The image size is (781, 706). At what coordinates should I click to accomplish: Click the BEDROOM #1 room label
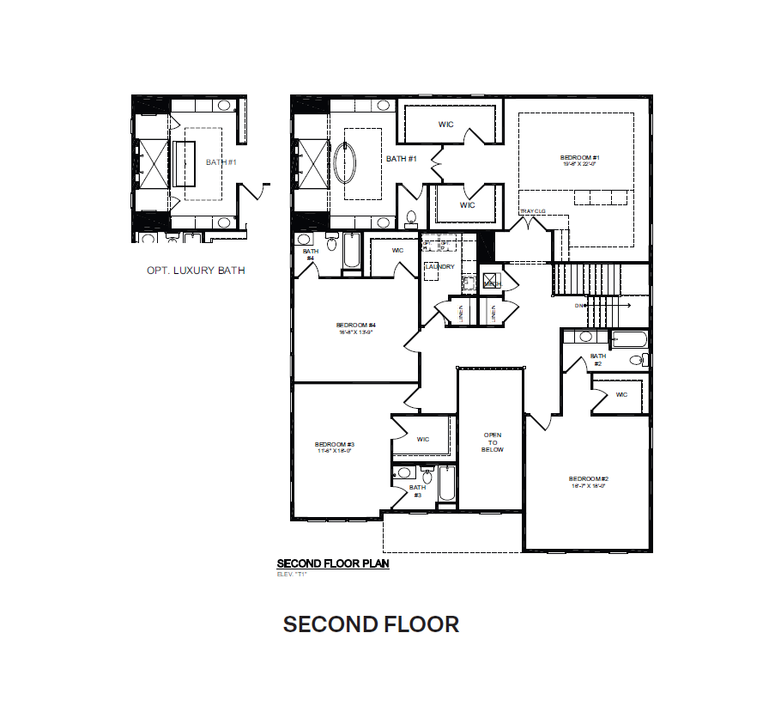tap(579, 158)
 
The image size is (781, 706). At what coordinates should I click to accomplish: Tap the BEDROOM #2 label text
tap(588, 478)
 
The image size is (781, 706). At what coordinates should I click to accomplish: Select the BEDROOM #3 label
tap(335, 444)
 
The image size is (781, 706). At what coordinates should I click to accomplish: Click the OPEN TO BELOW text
tap(492, 442)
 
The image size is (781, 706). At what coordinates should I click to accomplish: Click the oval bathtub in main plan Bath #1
tap(348, 155)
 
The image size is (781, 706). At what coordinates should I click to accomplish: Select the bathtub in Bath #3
tap(444, 485)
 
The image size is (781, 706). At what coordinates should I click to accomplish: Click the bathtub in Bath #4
tap(352, 252)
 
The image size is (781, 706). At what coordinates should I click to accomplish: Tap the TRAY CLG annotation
tap(533, 211)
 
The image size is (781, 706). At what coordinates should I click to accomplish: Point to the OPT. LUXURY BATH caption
tap(196, 271)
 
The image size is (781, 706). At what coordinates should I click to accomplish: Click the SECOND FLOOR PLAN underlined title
tap(333, 564)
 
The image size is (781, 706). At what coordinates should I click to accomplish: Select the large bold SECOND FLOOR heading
tap(371, 624)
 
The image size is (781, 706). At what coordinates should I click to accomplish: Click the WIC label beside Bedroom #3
tap(422, 440)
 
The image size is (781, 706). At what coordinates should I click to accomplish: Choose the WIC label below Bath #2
tap(621, 395)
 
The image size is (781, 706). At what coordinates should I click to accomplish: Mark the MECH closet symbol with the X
tap(491, 281)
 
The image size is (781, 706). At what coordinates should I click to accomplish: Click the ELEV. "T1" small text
tap(292, 574)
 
